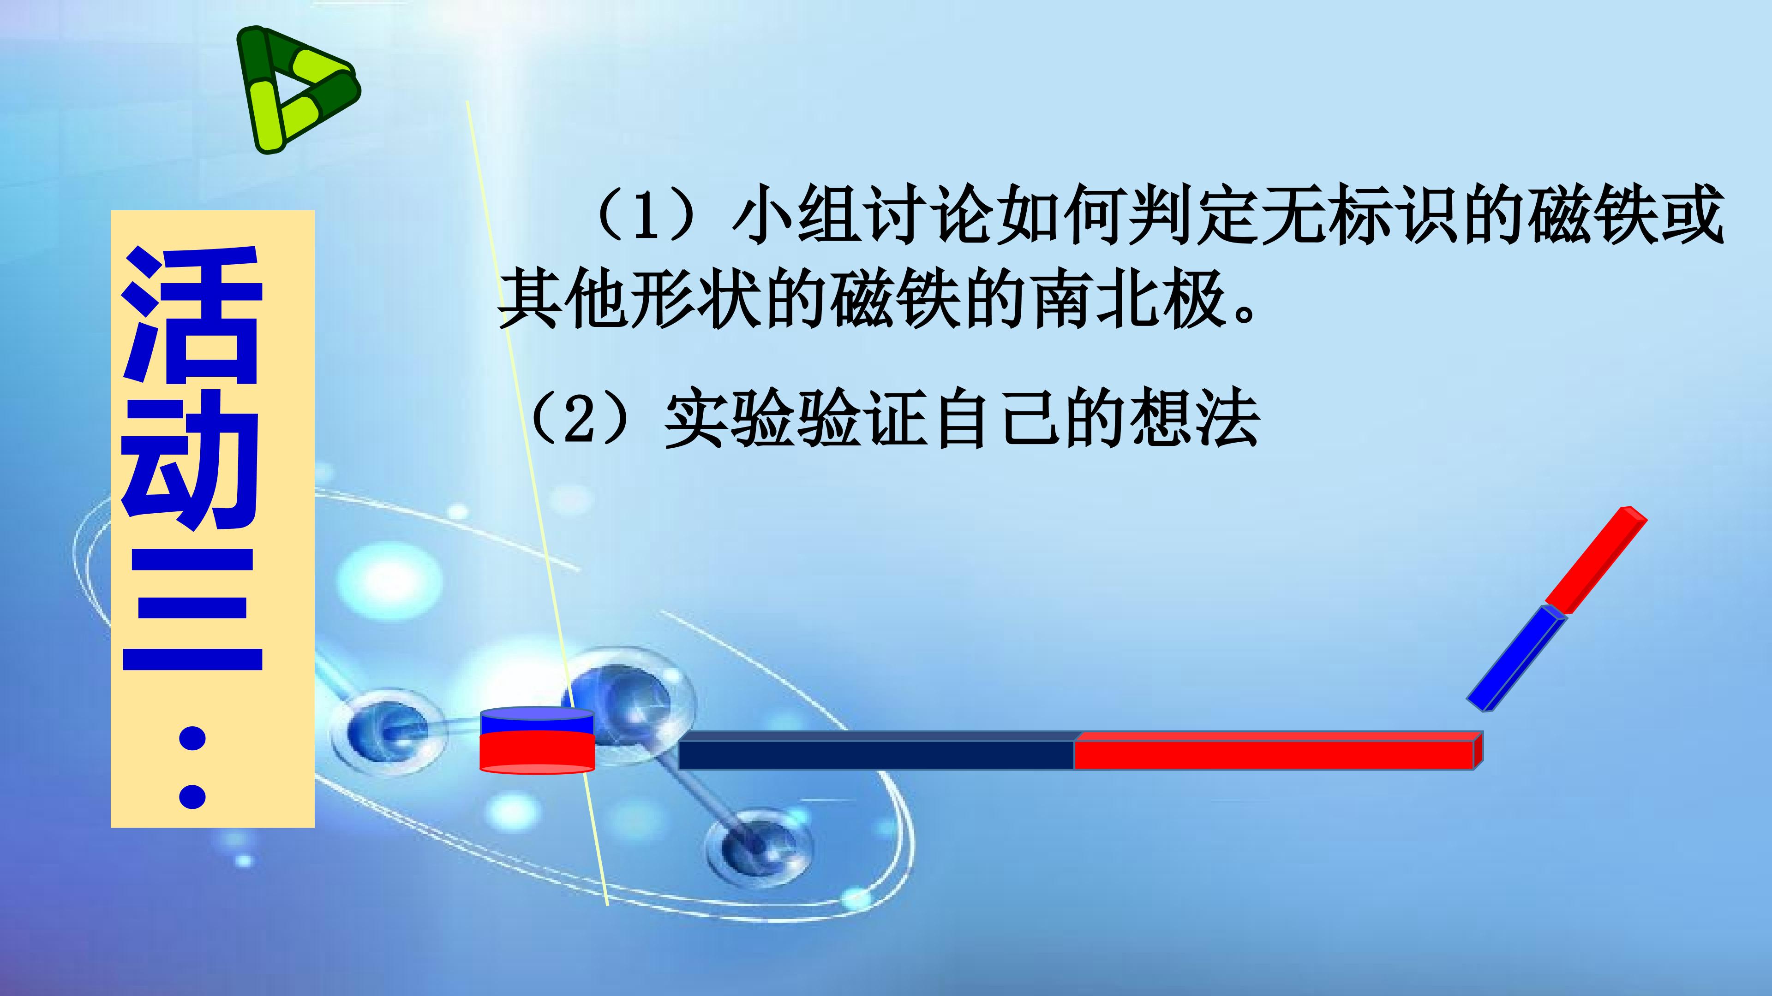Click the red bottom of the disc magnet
[x=537, y=753]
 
